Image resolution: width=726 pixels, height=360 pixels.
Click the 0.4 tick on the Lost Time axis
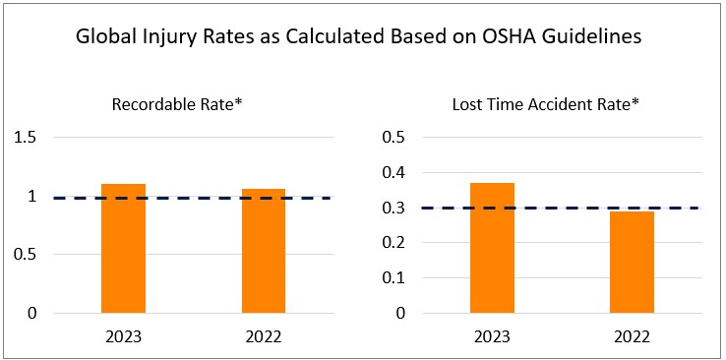pos(393,173)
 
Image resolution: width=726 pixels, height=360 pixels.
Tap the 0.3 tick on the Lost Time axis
pos(393,209)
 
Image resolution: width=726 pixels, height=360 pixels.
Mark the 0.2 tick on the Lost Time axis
pos(393,243)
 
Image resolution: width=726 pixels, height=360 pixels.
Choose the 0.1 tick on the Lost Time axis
pos(393,278)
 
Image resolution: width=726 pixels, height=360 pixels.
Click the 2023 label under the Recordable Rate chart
pos(123,336)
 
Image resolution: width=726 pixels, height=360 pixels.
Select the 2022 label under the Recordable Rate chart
pos(263,336)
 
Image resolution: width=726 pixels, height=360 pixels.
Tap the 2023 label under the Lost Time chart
pos(492,336)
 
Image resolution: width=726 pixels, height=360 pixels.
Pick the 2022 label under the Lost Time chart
pos(632,336)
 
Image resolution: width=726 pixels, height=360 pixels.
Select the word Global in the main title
pos(105,39)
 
